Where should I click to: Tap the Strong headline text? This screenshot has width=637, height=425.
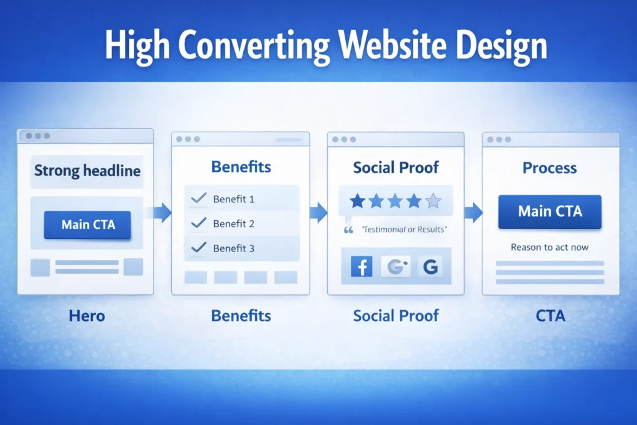coord(87,170)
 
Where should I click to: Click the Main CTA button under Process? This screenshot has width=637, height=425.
coord(550,211)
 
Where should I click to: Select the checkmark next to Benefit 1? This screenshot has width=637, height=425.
coord(198,199)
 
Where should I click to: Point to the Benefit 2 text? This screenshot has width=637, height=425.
coord(233,224)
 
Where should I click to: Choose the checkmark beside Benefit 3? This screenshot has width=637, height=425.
coord(198,248)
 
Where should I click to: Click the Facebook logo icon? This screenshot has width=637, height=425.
coord(361,268)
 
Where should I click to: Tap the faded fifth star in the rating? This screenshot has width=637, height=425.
coord(433,200)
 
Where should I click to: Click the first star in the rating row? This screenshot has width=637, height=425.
coord(357,200)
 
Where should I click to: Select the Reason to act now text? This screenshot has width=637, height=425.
coord(549,247)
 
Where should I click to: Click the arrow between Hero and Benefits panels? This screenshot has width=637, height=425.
coord(161,213)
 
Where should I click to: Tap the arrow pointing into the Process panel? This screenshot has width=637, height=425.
coord(473,212)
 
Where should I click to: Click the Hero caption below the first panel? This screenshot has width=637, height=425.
coord(86,315)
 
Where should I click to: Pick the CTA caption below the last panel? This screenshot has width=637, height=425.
coord(550,315)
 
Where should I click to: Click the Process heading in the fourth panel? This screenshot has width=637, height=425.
coord(549,168)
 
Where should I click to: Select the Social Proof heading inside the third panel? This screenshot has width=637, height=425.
coord(396,167)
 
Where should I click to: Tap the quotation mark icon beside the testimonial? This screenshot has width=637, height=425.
coord(348,230)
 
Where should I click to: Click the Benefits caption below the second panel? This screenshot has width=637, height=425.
coord(241,315)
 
